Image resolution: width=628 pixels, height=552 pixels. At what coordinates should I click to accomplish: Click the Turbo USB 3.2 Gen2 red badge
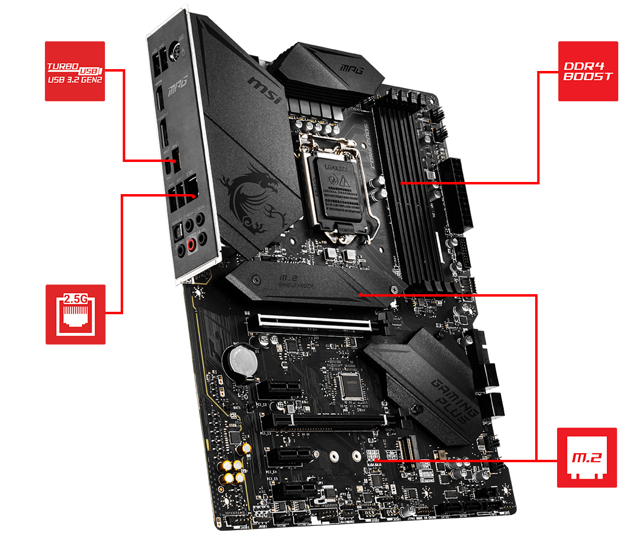[75, 71]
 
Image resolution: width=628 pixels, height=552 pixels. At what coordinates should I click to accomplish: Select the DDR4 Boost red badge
[583, 71]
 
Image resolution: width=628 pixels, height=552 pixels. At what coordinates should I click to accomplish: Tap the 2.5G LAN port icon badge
[75, 314]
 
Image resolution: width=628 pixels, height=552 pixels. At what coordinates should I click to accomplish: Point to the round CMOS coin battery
[241, 361]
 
